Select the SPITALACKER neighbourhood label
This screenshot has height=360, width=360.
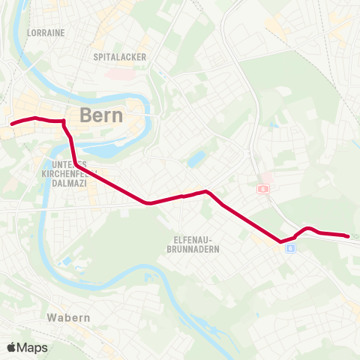119,56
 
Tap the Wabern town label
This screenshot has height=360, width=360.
67,317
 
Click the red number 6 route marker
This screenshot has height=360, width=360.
262,190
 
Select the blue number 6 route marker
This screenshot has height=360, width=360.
289,249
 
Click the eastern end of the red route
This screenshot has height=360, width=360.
349,236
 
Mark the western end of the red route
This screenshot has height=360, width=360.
11,124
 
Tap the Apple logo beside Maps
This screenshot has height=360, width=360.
11,347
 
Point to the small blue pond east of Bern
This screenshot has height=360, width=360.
196,159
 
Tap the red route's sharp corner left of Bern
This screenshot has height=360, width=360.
64,121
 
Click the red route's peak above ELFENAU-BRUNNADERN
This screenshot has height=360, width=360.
208,192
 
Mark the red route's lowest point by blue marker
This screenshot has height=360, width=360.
281,241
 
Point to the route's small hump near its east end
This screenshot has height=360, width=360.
307,227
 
